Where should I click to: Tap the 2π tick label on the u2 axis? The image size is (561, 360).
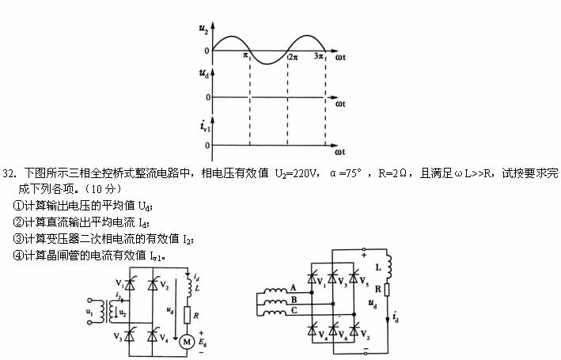click(292, 57)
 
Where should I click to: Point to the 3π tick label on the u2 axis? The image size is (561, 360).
click(319, 57)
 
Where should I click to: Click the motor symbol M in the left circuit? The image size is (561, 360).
click(188, 341)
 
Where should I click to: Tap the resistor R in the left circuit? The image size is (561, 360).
click(187, 315)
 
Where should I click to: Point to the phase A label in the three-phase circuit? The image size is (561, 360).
click(293, 287)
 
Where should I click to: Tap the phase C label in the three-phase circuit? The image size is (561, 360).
click(293, 311)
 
